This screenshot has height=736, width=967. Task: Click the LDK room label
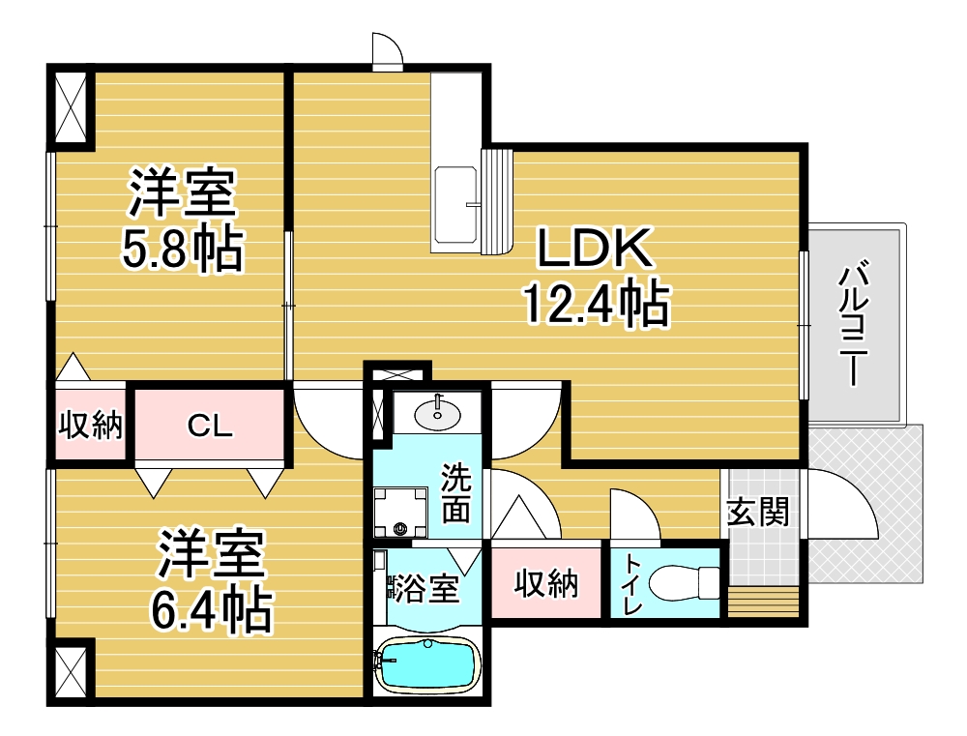pos(595,248)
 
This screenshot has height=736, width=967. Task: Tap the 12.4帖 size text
pos(597,303)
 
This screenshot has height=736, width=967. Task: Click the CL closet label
pos(210,426)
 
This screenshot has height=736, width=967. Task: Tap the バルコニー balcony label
pos(853,325)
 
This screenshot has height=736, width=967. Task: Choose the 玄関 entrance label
pos(758,512)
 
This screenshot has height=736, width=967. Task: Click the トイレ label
pos(632,583)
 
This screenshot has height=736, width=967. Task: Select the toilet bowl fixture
pos(684,582)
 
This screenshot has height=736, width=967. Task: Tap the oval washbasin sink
pos(437,414)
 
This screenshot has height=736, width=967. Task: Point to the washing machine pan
pos(401,512)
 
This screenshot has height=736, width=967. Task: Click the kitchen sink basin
pos(455,205)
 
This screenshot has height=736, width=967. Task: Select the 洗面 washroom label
pos(455,493)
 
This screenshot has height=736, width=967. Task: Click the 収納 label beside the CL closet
pos(90,426)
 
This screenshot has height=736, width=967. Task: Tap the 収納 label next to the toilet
pos(545,583)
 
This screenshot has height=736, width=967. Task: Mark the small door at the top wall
pos(388,49)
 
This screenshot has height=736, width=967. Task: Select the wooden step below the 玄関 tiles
pos(763,603)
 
